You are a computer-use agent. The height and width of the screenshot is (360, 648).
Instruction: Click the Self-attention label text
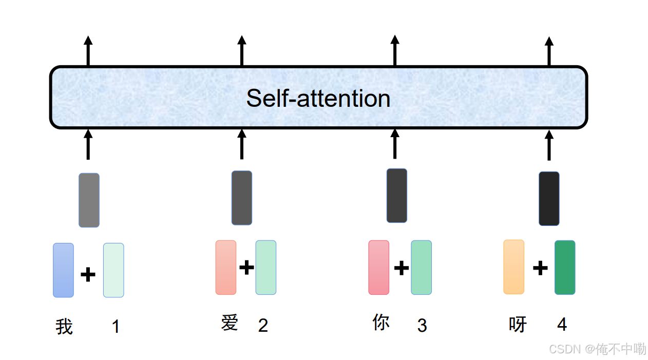(318, 98)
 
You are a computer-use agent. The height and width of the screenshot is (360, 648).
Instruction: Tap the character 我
(64, 327)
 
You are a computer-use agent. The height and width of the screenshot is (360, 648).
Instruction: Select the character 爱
(230, 323)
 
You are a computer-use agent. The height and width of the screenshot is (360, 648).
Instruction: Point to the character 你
(381, 323)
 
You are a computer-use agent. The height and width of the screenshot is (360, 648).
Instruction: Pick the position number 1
(116, 327)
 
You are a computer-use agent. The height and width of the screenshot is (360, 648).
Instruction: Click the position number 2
(263, 325)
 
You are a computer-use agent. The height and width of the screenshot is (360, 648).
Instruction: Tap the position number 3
(422, 325)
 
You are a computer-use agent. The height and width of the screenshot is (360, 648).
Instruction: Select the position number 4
(562, 325)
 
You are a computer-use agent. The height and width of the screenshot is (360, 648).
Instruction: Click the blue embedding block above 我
(63, 270)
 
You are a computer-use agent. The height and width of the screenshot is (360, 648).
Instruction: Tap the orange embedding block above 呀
(513, 267)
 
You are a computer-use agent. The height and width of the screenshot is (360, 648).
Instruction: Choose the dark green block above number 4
(565, 268)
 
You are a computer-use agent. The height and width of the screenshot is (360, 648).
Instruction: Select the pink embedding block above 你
(378, 268)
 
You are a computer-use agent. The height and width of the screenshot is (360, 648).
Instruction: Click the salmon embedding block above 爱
(226, 268)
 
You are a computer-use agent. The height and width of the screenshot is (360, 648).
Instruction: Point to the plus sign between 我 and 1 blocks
(88, 275)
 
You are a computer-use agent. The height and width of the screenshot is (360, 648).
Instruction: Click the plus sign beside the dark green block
(540, 268)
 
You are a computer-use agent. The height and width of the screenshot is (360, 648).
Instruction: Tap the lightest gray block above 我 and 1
(89, 200)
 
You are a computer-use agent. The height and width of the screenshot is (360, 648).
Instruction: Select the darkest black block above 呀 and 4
(549, 199)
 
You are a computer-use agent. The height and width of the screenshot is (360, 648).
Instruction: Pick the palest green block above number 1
(113, 270)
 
